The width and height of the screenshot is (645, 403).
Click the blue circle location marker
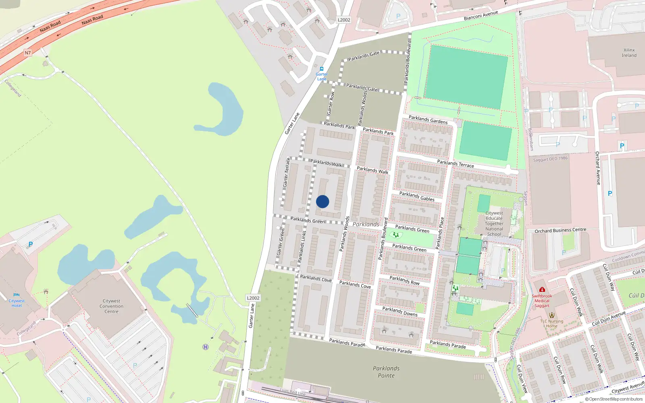tap(322, 201)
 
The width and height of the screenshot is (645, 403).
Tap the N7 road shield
tap(27, 53)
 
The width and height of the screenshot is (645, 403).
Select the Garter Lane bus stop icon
tap(322, 69)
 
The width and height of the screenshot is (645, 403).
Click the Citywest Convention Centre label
tap(112, 306)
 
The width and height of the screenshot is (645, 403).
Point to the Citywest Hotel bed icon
tap(17, 295)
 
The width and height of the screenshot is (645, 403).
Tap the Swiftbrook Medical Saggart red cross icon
tap(542, 289)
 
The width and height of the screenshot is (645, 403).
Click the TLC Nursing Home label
tap(552, 324)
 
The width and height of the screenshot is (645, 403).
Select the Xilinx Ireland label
tap(629, 53)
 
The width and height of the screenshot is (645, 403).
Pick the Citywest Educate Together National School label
tap(494, 224)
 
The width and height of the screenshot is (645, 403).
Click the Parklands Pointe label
tap(386, 372)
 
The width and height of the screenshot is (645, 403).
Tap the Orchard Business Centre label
tap(560, 231)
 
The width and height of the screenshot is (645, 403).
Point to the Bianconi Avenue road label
tap(481, 15)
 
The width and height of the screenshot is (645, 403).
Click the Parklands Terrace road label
tap(456, 163)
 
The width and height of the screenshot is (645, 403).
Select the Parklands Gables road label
tap(417, 196)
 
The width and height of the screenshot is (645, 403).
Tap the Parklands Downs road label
tap(400, 311)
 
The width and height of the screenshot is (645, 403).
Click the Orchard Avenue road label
tap(598, 168)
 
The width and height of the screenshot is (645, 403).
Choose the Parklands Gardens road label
tap(428, 120)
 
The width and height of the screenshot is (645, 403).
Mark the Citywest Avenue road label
tap(628, 388)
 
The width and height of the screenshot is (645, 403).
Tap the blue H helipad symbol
tap(206, 347)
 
